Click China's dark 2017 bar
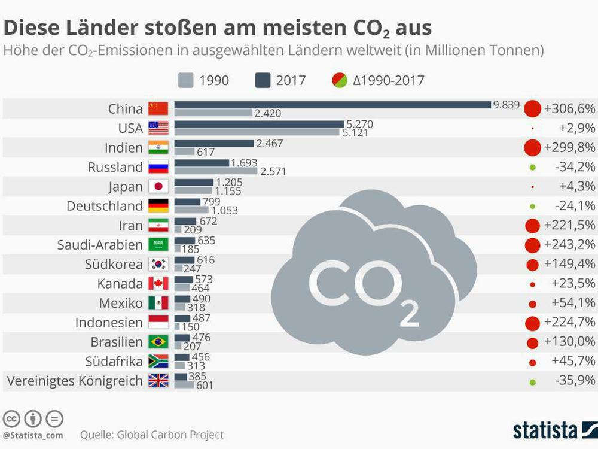click(332, 105)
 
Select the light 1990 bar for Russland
click(215, 171)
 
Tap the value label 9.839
click(506, 104)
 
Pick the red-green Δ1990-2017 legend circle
click(340, 80)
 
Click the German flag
click(158, 206)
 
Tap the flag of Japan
click(158, 186)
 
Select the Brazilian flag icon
click(158, 342)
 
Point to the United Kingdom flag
click(158, 381)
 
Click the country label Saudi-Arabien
click(100, 245)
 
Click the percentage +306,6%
click(569, 108)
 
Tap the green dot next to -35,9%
click(532, 381)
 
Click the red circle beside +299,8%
click(532, 148)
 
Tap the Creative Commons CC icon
click(11, 418)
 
